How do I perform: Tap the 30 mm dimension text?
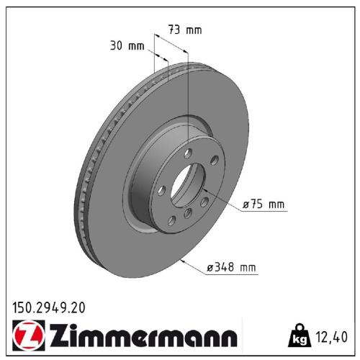pyautogui.click(x=125, y=46)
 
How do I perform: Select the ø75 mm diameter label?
pyautogui.click(x=264, y=205)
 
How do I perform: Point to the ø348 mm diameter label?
pyautogui.click(x=232, y=268)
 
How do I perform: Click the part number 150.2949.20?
pyautogui.click(x=49, y=307)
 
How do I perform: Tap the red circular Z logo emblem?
pyautogui.click(x=26, y=336)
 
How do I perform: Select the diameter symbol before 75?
pyautogui.click(x=246, y=205)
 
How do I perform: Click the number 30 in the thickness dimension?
pyautogui.click(x=116, y=46)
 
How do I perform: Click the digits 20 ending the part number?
pyautogui.click(x=77, y=307)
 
